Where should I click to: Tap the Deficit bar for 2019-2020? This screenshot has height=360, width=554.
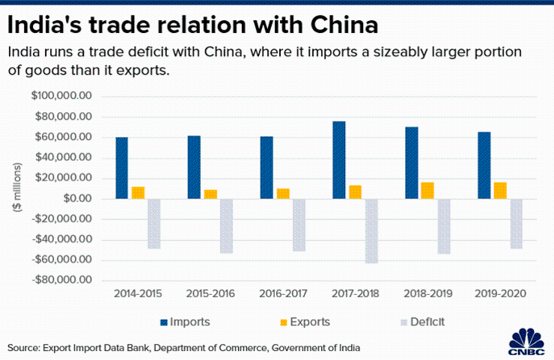tap(516, 223)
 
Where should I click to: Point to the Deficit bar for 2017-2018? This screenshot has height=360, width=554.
tap(371, 231)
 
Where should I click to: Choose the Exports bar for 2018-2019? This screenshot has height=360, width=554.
tap(427, 190)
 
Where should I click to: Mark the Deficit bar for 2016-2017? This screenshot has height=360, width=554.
tap(299, 225)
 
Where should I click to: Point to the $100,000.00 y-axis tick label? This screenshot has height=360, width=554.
tap(61, 97)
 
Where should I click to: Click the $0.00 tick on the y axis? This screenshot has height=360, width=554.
tap(76, 199)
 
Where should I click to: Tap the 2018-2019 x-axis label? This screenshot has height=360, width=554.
tap(427, 293)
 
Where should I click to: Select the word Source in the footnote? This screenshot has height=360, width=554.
tap(23, 348)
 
